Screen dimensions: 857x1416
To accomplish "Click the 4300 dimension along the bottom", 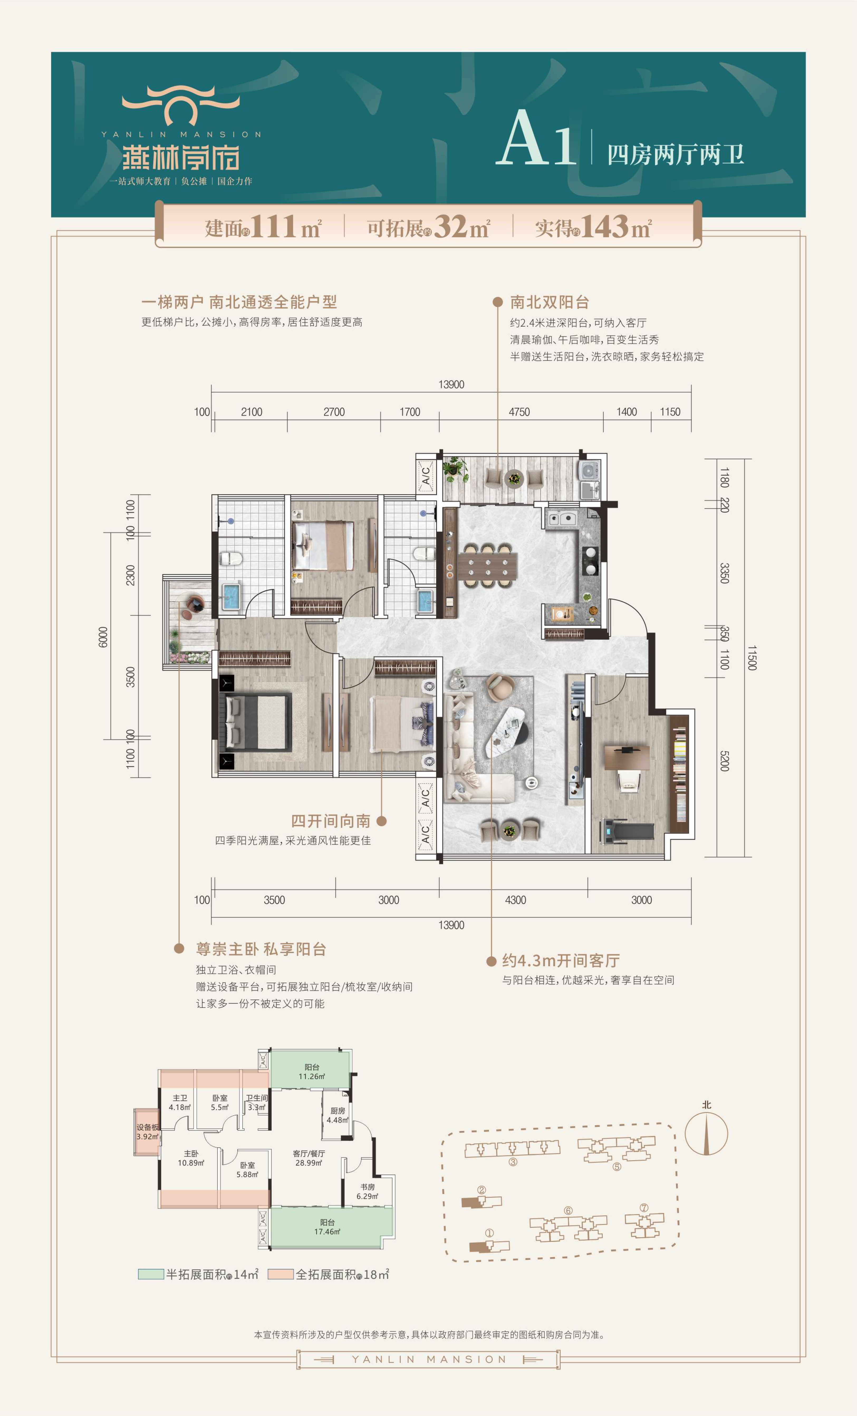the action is (515, 900).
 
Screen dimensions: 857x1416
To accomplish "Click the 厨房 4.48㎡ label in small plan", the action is (338, 1115).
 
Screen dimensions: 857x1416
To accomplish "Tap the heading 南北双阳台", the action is (550, 302).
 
